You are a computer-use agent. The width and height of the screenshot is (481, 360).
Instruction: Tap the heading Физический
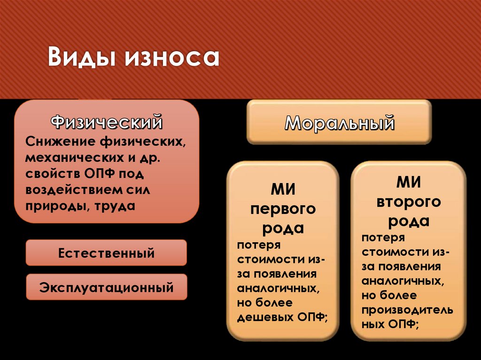107,123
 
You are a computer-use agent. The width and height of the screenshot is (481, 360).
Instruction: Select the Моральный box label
339,123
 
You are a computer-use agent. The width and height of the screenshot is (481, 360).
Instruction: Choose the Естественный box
106,253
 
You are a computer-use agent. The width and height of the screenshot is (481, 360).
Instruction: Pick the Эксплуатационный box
106,287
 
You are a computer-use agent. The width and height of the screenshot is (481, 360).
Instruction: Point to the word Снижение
55,141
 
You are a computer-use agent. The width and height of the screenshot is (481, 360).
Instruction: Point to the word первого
283,209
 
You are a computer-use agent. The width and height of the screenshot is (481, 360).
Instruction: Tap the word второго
409,202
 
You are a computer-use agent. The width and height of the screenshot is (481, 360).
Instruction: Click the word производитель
407,310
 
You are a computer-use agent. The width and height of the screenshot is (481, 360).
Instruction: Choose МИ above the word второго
409,183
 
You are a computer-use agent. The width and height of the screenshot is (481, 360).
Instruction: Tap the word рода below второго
409,221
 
